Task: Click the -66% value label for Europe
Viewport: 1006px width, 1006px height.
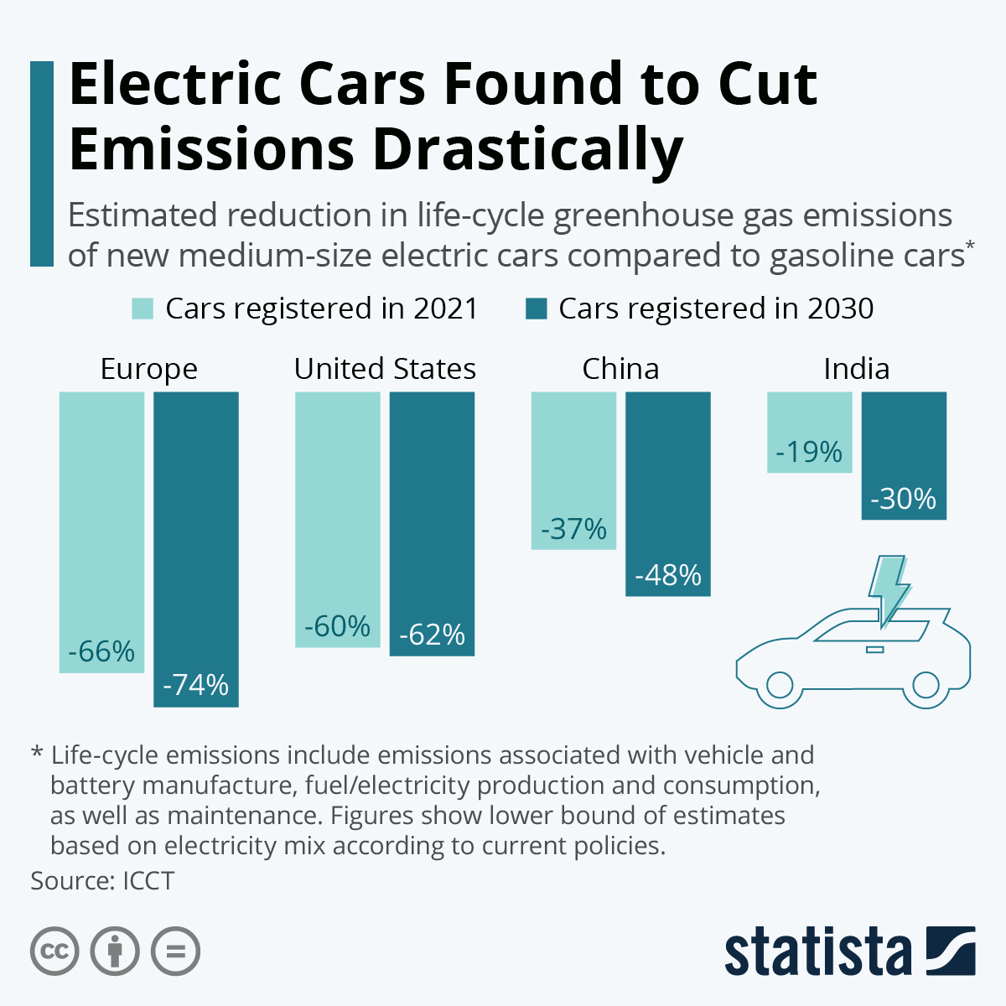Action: (x=101, y=651)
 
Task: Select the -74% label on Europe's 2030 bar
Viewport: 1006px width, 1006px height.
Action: (x=195, y=685)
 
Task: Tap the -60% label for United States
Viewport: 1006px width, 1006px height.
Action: (x=337, y=626)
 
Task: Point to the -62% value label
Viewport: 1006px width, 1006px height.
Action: (x=432, y=635)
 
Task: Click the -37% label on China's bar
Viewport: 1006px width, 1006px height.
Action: (x=573, y=529)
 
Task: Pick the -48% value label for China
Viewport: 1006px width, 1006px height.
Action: (x=668, y=575)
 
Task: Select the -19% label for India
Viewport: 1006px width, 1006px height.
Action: (x=809, y=453)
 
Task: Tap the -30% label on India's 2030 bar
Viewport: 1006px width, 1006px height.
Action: (x=903, y=500)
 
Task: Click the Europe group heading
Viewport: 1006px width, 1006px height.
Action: (x=148, y=369)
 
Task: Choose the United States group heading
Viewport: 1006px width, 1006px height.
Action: (x=385, y=369)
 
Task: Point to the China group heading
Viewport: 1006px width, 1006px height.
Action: (x=620, y=369)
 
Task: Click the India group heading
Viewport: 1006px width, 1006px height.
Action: (x=856, y=369)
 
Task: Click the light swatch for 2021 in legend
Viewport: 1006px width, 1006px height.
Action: (x=143, y=309)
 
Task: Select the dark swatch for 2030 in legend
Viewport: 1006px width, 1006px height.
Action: (x=536, y=309)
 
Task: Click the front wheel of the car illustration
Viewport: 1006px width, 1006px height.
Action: (x=779, y=685)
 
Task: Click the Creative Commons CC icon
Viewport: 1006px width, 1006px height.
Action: (x=54, y=952)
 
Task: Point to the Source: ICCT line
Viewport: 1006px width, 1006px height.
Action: (x=102, y=881)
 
